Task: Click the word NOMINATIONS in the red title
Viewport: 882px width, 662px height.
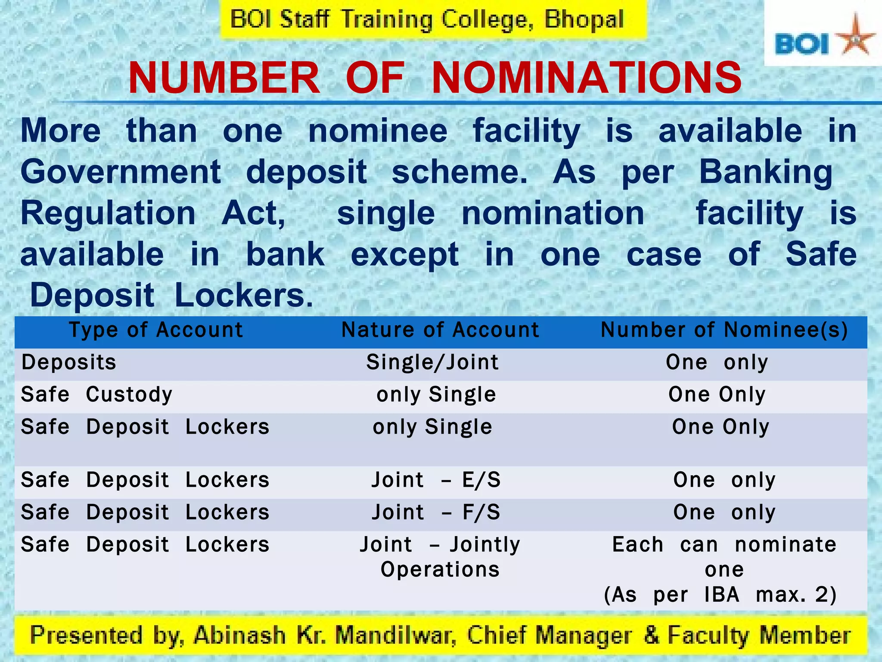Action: (587, 78)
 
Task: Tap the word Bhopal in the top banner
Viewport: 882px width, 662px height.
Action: (584, 20)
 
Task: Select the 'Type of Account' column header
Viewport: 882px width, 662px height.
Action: (156, 331)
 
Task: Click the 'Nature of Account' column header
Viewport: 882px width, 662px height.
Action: (440, 331)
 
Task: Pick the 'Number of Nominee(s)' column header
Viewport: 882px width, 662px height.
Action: (724, 331)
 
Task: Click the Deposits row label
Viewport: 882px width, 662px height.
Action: (69, 362)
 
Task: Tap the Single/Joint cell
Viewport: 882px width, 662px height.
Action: (432, 362)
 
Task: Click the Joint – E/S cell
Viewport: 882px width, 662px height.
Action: (436, 480)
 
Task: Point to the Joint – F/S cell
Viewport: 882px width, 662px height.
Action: (436, 512)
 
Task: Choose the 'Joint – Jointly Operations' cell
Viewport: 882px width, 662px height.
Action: (440, 557)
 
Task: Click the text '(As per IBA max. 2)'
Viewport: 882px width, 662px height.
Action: (720, 595)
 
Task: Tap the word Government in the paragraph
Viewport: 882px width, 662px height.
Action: (121, 172)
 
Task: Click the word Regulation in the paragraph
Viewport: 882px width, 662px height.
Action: (108, 213)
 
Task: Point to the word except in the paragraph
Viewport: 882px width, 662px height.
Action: (404, 255)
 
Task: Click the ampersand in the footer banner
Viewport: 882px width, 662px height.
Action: (651, 635)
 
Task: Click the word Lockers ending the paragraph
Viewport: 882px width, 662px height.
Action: (244, 296)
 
